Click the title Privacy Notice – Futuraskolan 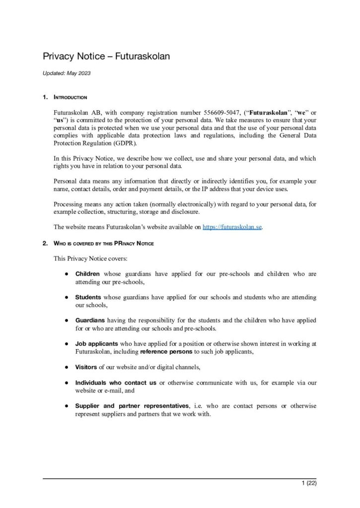coord(106,57)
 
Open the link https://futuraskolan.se coord(232,227)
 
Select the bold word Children coord(87,274)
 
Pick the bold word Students coord(88,297)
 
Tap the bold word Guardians coord(90,320)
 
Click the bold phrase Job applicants coord(96,344)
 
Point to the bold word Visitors coord(86,367)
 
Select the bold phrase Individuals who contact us coord(116,383)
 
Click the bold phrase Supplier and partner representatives coord(132,406)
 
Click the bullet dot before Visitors coord(66,368)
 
